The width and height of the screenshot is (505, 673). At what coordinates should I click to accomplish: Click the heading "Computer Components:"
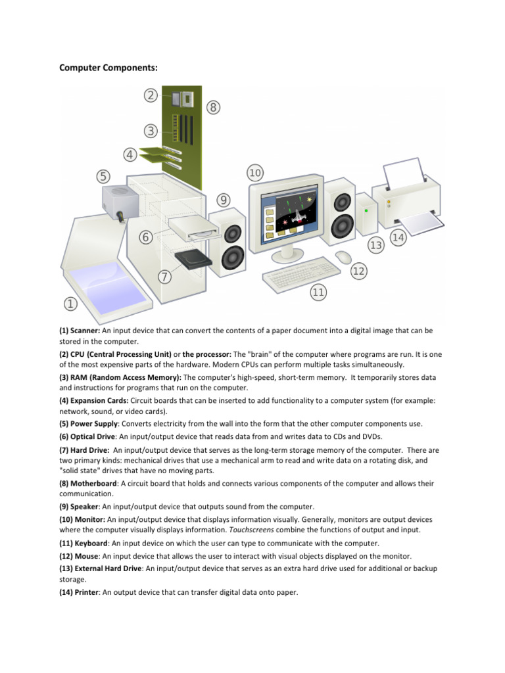click(x=108, y=68)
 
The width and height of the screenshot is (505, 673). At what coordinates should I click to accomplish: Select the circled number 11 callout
click(x=318, y=292)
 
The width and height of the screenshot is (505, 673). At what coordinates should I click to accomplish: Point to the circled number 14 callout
click(x=397, y=239)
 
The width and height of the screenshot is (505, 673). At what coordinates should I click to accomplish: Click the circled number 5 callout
click(x=103, y=176)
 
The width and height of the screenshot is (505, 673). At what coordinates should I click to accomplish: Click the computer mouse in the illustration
click(x=343, y=256)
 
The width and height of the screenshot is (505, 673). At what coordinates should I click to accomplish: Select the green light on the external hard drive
click(x=366, y=210)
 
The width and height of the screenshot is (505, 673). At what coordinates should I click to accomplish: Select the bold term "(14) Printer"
click(x=81, y=592)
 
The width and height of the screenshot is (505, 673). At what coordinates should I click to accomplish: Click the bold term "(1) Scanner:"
click(x=80, y=331)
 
